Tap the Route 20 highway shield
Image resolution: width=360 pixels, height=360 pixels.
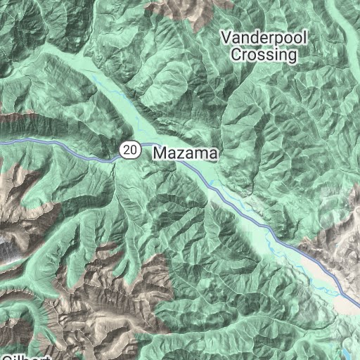coord(129,149)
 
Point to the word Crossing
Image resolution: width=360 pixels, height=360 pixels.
coord(264,53)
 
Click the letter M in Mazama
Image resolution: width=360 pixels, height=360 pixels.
coord(160,152)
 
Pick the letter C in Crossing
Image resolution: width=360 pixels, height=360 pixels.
coord(237,53)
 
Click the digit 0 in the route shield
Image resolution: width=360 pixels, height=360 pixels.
coord(132,149)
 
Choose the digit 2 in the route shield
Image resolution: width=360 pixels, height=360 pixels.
coord(125,149)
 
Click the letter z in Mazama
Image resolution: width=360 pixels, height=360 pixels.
coord(179,153)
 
